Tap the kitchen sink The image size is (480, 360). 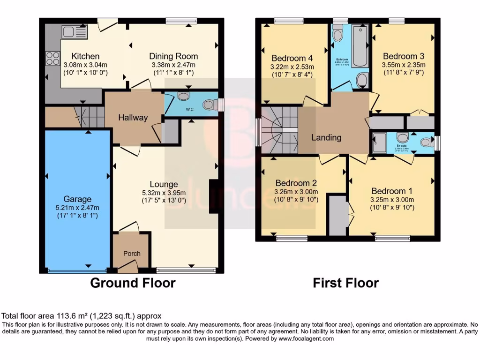click(x=75, y=32)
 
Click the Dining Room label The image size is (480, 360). click(x=173, y=57)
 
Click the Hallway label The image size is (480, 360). click(x=133, y=118)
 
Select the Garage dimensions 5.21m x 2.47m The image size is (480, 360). click(x=78, y=208)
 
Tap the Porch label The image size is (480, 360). click(x=132, y=254)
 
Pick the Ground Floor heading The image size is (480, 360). click(x=133, y=283)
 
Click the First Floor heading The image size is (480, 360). click(x=345, y=283)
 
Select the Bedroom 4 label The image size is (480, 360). click(x=292, y=58)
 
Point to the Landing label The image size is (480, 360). click(x=326, y=137)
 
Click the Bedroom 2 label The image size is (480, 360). click(x=296, y=183)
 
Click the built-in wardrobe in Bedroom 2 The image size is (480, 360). click(x=337, y=216)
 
